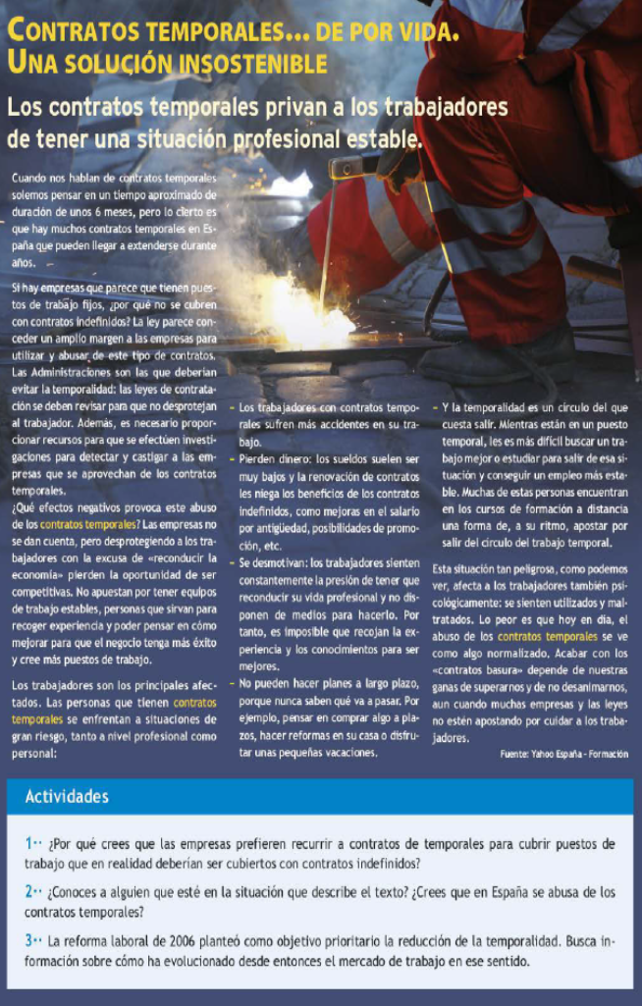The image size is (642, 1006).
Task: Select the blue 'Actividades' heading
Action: coord(67,796)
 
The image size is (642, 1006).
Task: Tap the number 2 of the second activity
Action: coord(29,892)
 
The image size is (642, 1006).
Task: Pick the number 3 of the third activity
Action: coord(29,940)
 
